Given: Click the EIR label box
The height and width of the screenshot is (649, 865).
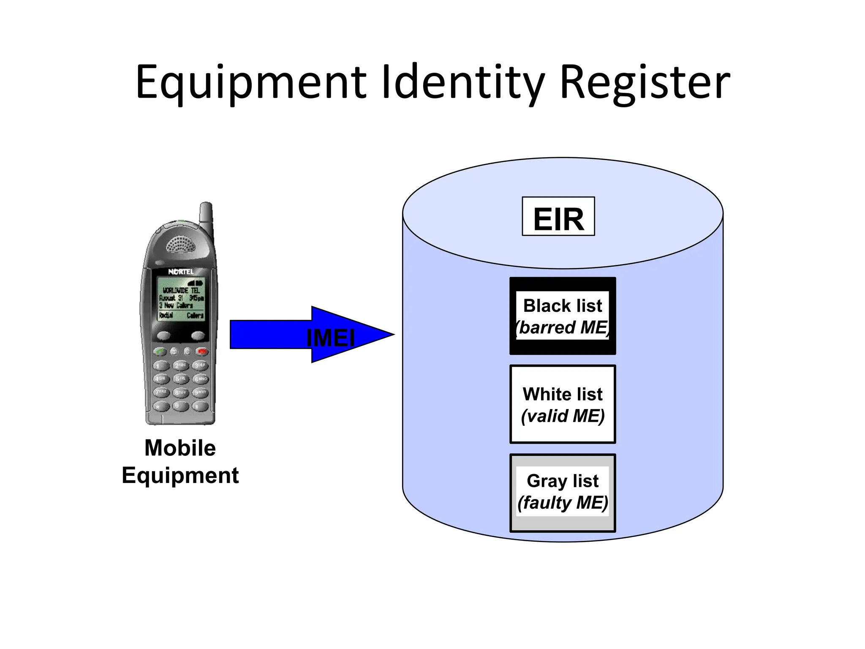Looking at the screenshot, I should click(x=558, y=216).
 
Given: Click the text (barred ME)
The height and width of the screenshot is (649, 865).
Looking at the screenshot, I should click(x=563, y=328).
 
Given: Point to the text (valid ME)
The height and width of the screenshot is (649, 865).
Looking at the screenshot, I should click(x=563, y=416).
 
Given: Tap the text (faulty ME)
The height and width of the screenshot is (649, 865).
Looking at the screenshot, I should click(x=563, y=503).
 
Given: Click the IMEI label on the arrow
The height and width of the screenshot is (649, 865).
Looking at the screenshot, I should click(x=330, y=338).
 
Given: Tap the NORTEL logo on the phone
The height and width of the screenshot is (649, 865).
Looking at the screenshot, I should click(x=181, y=272).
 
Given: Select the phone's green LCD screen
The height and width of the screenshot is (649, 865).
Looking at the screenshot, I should click(x=181, y=299).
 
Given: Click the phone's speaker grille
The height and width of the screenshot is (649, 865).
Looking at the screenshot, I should click(x=180, y=244).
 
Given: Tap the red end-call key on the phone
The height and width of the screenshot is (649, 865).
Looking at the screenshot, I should click(x=202, y=351).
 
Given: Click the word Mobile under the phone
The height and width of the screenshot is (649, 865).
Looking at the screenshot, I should click(x=180, y=448).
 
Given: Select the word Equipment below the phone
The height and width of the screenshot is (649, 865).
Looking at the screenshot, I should click(x=180, y=475).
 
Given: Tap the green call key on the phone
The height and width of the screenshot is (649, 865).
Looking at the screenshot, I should click(x=160, y=351).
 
